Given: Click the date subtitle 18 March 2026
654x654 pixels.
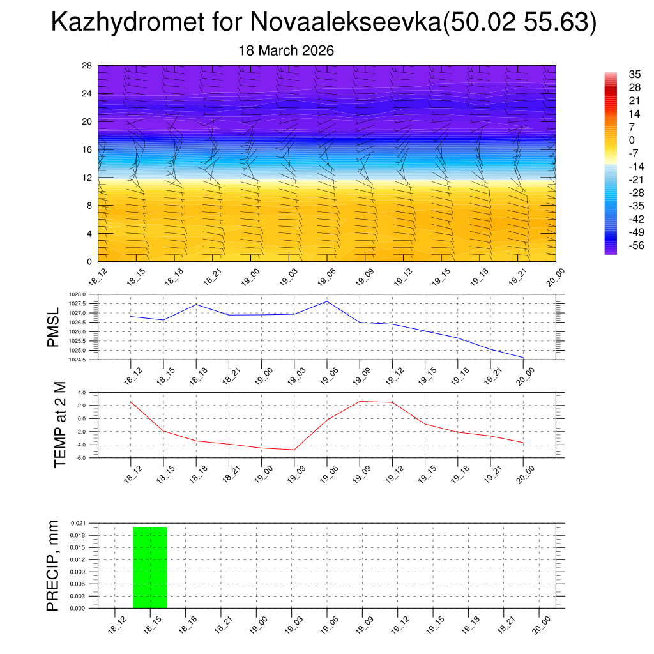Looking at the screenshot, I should point(286,50).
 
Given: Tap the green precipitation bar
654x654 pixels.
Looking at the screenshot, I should point(150,567).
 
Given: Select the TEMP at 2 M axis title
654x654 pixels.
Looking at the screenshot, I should point(60,425).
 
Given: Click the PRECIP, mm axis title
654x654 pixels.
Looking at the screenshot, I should point(52,565).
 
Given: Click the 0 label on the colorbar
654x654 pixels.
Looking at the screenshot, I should point(632,140).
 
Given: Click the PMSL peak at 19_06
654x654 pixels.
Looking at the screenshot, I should point(327,301).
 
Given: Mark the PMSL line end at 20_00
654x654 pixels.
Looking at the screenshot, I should point(523,358).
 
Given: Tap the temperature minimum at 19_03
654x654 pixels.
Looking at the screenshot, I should point(294,450).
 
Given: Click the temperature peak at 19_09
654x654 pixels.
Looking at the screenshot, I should point(360,401).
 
